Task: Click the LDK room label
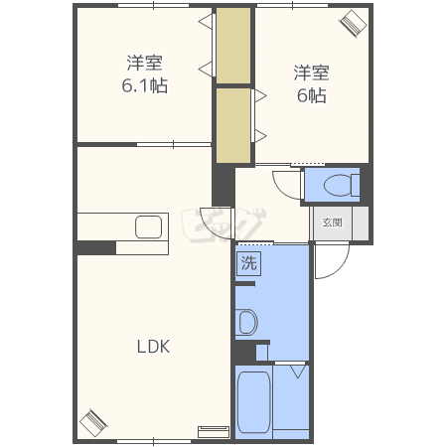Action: tap(153, 347)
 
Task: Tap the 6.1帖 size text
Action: tap(145, 85)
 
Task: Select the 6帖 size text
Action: tap(311, 95)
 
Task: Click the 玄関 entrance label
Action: tap(332, 223)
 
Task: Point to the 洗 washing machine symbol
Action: tap(248, 263)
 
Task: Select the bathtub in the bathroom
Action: tap(254, 402)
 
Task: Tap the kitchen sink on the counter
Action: tap(148, 226)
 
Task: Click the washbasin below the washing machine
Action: tap(247, 322)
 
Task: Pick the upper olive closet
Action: tap(233, 46)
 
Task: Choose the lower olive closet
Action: tap(233, 125)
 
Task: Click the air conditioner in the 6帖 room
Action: tap(353, 23)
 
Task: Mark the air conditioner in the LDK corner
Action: tap(93, 423)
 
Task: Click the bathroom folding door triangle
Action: tap(298, 372)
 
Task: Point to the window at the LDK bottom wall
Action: tap(154, 441)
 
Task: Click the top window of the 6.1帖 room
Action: tap(154, 5)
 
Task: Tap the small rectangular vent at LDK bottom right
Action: tap(214, 432)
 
